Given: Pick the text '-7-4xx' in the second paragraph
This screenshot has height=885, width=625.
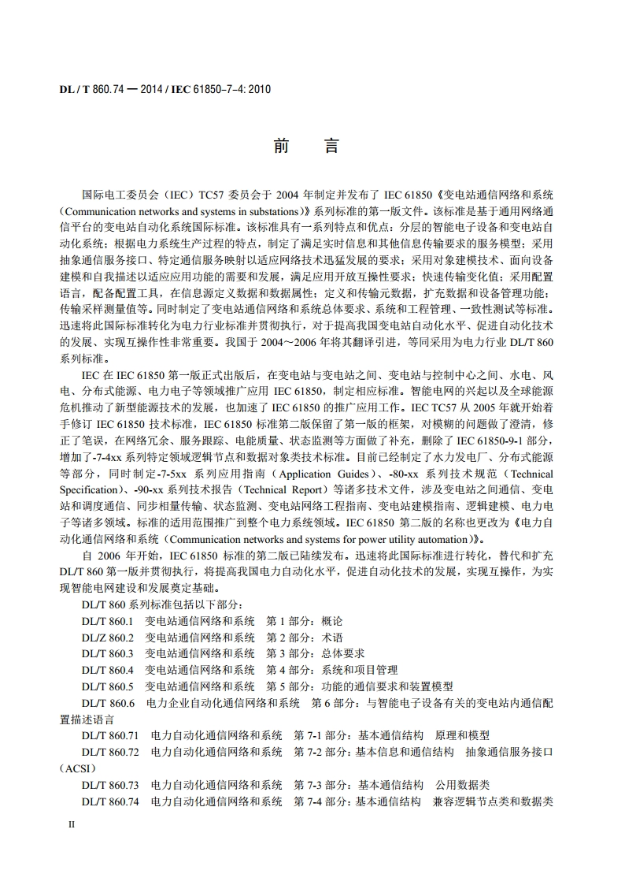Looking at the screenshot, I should click(112, 458).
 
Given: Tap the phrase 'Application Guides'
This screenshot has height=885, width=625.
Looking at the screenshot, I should click(324, 474).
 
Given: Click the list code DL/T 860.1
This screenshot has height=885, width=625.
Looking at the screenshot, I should click(108, 621).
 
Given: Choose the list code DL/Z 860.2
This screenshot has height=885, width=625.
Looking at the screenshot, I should click(108, 638).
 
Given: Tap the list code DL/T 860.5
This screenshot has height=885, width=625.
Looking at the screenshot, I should click(108, 686).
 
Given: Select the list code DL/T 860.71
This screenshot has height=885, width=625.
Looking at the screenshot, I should click(110, 735).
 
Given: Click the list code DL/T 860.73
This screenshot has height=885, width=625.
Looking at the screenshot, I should click(110, 785).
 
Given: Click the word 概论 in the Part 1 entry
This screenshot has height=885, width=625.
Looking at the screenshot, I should click(332, 621).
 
